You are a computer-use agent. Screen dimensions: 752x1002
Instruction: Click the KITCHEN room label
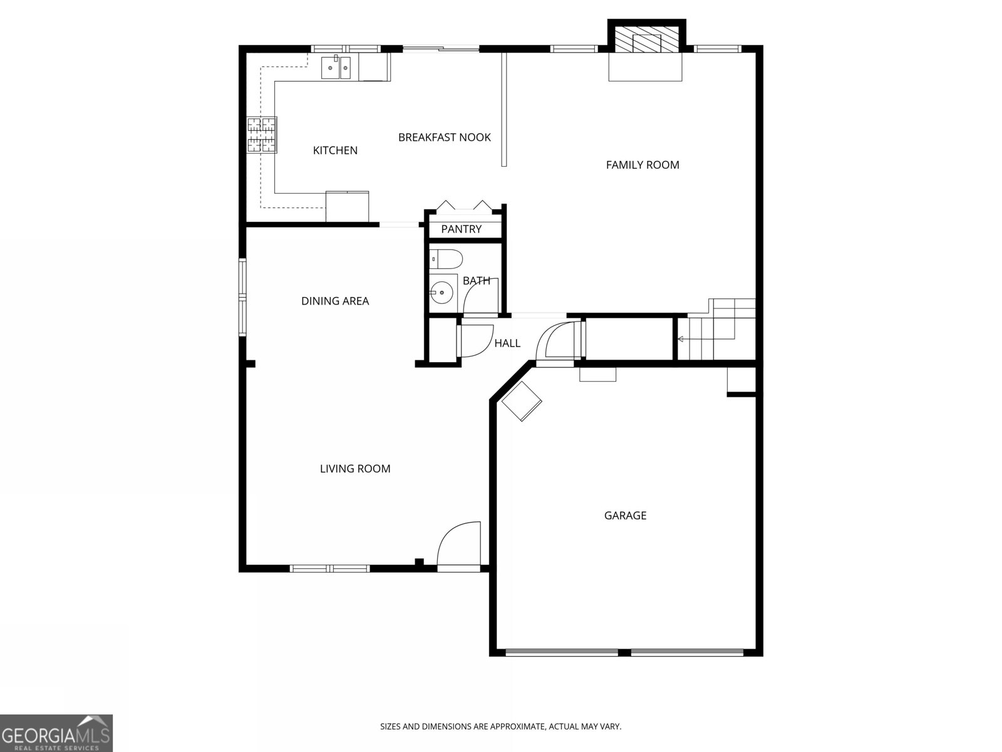pyautogui.click(x=335, y=150)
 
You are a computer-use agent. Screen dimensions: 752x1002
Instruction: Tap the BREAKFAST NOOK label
pyautogui.click(x=445, y=137)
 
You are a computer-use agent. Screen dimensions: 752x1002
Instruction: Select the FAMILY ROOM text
pyautogui.click(x=643, y=165)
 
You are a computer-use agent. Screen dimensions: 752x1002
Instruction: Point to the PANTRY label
pyautogui.click(x=462, y=229)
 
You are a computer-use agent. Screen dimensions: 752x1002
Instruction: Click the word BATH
pyautogui.click(x=476, y=281)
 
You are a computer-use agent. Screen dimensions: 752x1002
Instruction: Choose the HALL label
pyautogui.click(x=507, y=343)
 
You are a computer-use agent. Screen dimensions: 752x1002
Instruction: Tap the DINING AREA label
pyautogui.click(x=335, y=301)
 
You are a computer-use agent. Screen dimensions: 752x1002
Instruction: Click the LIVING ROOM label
pyautogui.click(x=355, y=469)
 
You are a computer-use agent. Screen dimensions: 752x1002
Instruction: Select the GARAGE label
pyautogui.click(x=625, y=516)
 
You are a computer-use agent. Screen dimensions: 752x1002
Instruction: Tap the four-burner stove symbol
pyautogui.click(x=262, y=135)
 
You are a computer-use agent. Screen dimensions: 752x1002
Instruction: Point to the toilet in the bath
pyautogui.click(x=446, y=258)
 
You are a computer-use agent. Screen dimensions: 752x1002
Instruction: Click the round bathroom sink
pyautogui.click(x=443, y=292)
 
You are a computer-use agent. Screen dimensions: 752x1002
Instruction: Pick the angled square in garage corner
pyautogui.click(x=522, y=402)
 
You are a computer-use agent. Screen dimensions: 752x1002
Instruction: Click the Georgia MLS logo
pyautogui.click(x=56, y=733)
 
